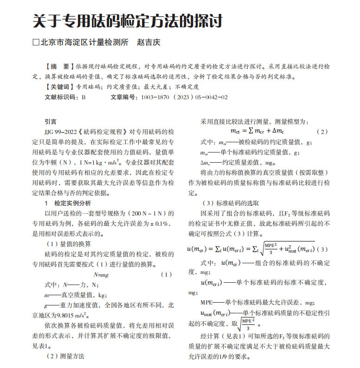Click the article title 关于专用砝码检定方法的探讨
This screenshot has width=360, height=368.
tap(128, 21)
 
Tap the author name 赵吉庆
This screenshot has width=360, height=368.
tap(148, 42)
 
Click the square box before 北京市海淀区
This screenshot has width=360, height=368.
tap(36, 43)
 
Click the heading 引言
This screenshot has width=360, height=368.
tap(51, 121)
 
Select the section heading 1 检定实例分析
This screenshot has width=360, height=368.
tap(68, 203)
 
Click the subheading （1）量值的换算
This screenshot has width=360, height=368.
tap(68, 244)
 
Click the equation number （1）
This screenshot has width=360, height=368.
tap(166, 275)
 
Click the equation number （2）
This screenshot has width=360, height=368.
tap(321, 132)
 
